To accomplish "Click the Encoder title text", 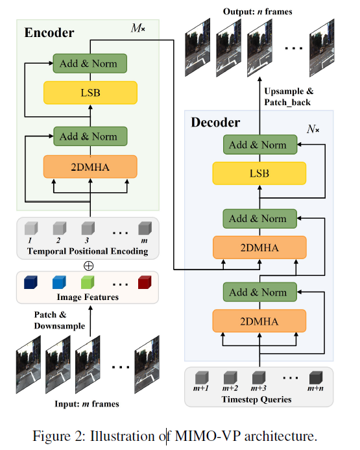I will (x=49, y=32).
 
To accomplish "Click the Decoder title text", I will (x=215, y=122).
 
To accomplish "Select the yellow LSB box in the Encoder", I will (x=90, y=92).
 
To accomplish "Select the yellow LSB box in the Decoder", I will (x=259, y=173).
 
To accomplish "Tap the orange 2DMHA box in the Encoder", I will (x=90, y=166).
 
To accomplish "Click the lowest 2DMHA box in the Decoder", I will (x=259, y=321).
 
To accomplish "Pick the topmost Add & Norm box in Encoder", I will (x=90, y=64).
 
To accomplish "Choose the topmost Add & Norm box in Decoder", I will (x=259, y=145).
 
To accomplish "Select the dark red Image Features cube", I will (x=144, y=284).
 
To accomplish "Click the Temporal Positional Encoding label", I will (x=88, y=252).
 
